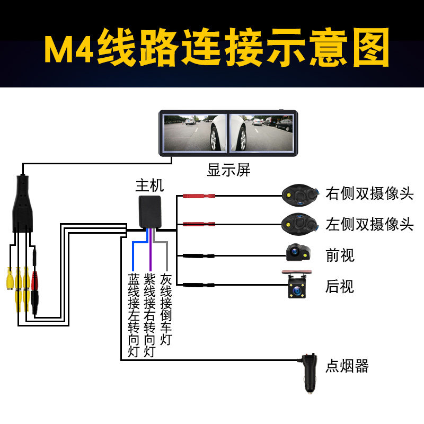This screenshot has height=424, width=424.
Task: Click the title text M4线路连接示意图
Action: [x=216, y=48]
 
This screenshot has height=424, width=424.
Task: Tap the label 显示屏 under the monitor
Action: [x=228, y=171]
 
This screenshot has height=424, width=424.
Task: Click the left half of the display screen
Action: [x=195, y=132]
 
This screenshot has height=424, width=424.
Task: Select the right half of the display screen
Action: [x=260, y=132]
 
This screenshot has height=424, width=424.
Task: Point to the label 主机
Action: [x=149, y=185]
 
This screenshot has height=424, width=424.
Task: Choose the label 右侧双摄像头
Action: [x=369, y=193]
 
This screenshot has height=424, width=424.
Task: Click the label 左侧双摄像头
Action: [x=369, y=224]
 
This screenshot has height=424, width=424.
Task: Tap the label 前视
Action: [x=340, y=255]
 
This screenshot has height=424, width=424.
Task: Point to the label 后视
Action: [x=340, y=287]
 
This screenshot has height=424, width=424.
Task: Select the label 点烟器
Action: [x=347, y=366]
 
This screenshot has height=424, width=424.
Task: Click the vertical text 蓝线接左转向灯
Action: [x=134, y=315]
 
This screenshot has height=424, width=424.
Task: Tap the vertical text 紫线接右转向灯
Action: [x=150, y=315]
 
